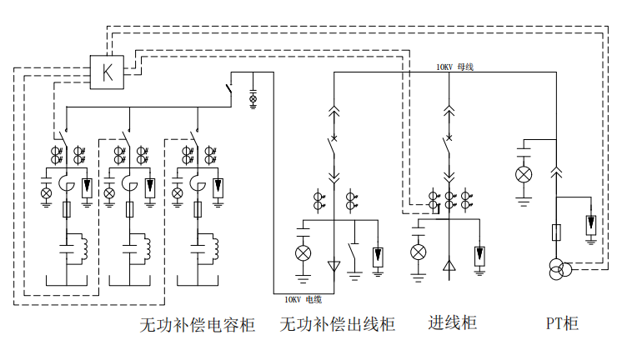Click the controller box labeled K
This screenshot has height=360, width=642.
click(107, 72)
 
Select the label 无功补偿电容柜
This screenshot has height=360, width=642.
click(197, 324)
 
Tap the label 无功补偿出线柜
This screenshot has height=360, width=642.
click(337, 324)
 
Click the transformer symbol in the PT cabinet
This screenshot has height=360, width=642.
click(559, 268)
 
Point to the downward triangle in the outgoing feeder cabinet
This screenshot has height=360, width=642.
click(334, 267)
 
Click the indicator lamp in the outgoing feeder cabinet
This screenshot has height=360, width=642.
click(303, 252)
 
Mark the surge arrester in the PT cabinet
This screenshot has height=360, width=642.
click(590, 224)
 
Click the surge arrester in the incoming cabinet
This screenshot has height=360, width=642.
click(479, 255)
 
